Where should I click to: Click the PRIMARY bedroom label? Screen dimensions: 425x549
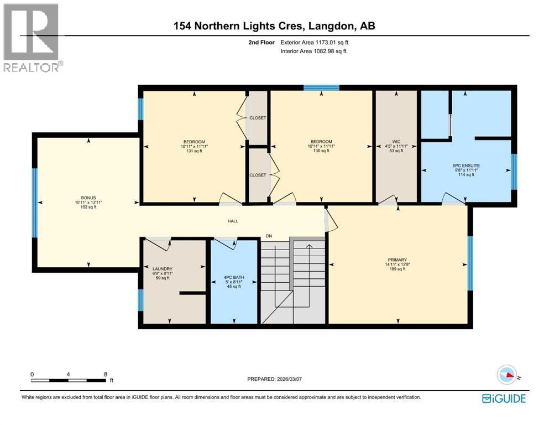tap(397, 260)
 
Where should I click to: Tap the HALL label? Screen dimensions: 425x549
tap(233, 221)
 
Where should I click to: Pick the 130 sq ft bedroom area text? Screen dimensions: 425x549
tap(321, 151)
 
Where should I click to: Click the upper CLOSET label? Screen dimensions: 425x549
tap(257, 118)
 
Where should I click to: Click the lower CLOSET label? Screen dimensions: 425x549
tap(257, 175)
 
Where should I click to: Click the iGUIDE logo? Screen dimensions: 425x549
tap(504, 398)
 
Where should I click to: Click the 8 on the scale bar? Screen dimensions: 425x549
tap(106, 374)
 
